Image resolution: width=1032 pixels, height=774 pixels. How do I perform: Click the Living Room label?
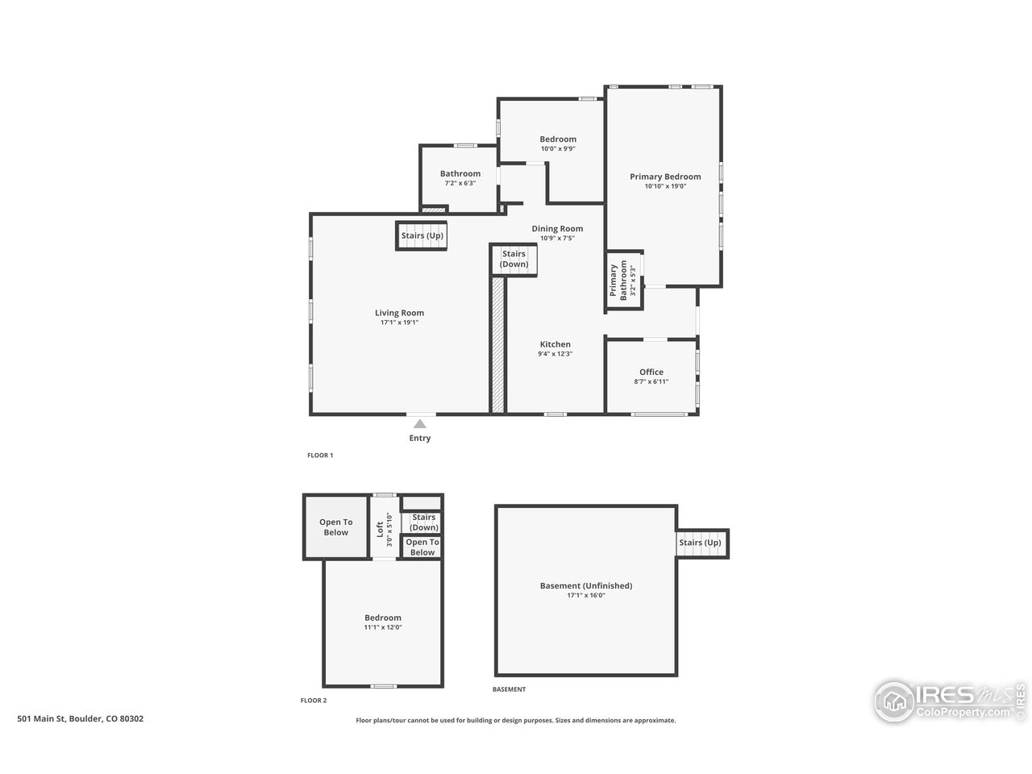tap(399, 313)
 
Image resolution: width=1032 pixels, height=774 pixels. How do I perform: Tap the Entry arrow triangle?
tap(419, 424)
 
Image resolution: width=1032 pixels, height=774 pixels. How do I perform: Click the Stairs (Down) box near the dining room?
tap(514, 260)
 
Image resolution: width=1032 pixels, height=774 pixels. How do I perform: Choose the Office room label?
tap(651, 372)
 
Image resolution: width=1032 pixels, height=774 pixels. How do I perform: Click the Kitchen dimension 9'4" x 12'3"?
tap(555, 354)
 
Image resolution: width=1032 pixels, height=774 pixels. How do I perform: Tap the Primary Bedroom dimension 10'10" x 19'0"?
tap(665, 186)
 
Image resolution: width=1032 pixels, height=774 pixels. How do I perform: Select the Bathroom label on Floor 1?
tap(460, 173)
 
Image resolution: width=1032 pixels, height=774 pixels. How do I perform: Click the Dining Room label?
tap(556, 228)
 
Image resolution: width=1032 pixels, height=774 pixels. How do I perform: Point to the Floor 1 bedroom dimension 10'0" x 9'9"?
tap(557, 148)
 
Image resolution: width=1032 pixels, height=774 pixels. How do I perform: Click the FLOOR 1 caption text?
tap(320, 456)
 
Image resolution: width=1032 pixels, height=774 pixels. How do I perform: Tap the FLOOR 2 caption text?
tap(314, 701)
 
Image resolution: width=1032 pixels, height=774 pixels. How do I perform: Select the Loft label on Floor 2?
tap(380, 529)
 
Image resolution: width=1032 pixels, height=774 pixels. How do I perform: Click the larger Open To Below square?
tap(335, 527)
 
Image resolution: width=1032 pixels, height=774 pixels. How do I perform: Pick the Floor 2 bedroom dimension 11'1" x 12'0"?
tap(383, 627)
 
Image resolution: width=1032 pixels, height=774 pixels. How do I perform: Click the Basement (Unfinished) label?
tap(585, 585)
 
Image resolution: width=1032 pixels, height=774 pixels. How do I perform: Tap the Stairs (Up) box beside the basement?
tap(701, 543)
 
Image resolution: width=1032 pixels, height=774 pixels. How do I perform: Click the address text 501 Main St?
tap(81, 718)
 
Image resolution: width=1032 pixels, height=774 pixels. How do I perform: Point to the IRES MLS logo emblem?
tap(893, 701)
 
